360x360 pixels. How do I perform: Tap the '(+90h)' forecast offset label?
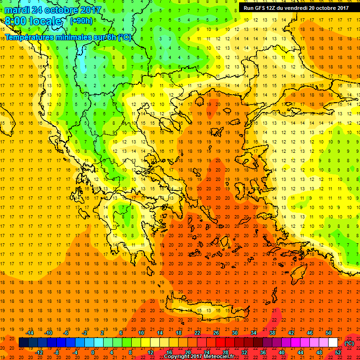(x=81, y=21)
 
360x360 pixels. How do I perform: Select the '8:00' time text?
(x=16, y=22)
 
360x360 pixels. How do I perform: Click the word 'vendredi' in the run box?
(x=297, y=7)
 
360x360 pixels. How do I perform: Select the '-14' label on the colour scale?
(x=30, y=332)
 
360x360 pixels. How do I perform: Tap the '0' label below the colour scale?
(x=93, y=352)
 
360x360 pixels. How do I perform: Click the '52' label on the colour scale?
(x=338, y=352)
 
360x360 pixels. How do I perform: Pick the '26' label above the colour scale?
(x=216, y=332)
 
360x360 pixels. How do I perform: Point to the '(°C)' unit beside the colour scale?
(x=349, y=343)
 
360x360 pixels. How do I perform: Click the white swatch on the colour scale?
(x=333, y=343)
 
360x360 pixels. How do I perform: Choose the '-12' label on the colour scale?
(x=39, y=352)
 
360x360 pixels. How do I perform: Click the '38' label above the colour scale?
(x=272, y=332)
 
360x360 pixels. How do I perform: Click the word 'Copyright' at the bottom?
(x=178, y=357)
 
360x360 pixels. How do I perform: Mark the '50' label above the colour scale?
(x=329, y=332)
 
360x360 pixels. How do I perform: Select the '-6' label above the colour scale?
(x=67, y=332)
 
